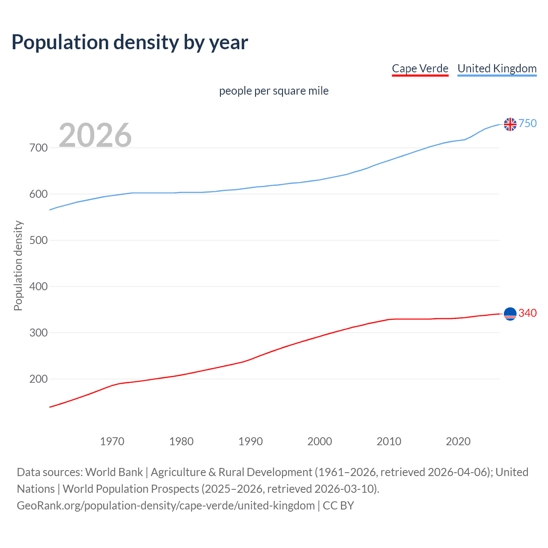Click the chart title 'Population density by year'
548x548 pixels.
130,42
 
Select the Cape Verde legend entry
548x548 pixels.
420,68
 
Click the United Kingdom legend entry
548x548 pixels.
497,68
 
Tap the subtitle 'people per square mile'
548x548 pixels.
274,91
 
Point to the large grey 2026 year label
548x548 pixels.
95,135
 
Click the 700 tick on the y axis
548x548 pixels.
39,148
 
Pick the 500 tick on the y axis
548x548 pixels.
39,241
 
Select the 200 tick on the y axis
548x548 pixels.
39,379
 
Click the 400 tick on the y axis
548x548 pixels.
39,287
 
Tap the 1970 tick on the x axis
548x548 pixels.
112,441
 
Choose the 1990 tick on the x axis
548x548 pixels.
250,441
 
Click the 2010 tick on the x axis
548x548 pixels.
389,441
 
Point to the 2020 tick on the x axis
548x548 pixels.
458,441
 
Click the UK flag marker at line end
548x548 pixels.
510,124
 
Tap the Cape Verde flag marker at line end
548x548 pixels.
510,314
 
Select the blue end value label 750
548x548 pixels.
527,124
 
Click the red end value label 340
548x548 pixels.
527,313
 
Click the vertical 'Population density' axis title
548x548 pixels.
18,265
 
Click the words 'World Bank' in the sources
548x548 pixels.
114,472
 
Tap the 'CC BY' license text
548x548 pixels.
338,506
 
